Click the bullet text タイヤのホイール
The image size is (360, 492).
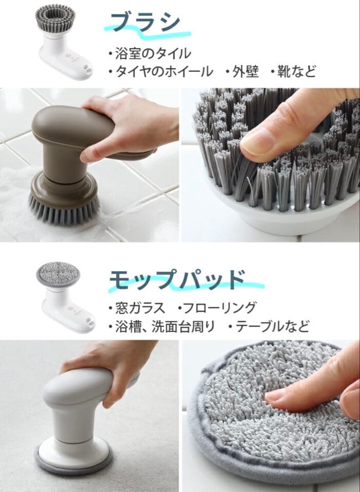[x=164, y=72]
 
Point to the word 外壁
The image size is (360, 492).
[x=246, y=72]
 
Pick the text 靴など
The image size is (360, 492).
[x=296, y=72]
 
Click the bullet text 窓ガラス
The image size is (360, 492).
[x=140, y=308]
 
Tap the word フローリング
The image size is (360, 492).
[x=219, y=308]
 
